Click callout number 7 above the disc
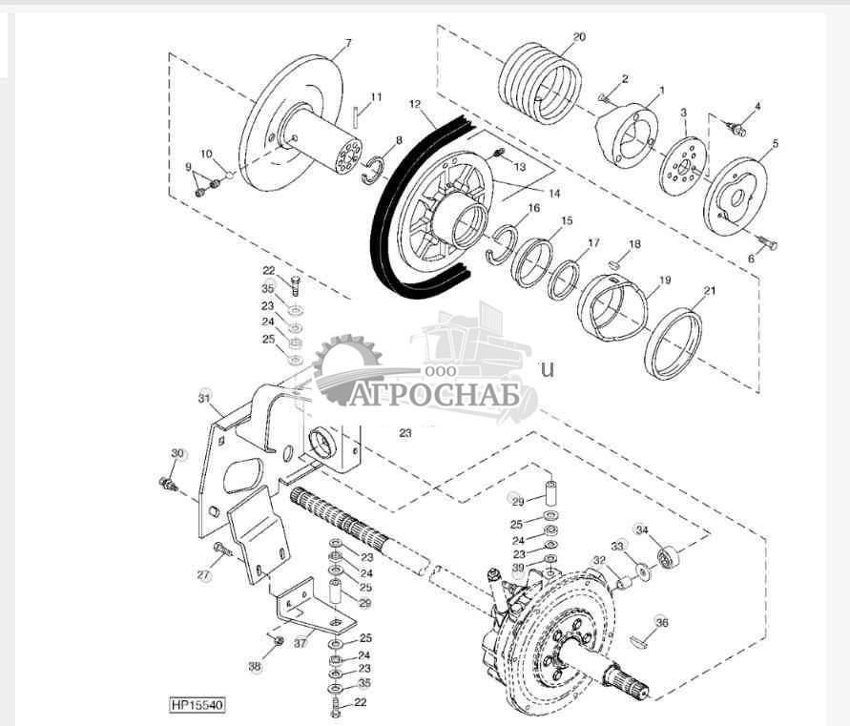pyautogui.click(x=348, y=43)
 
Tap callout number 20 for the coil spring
pyautogui.click(x=579, y=37)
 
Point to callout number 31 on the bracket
pyautogui.click(x=203, y=396)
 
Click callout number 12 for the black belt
pyautogui.click(x=415, y=102)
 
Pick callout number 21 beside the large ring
pyautogui.click(x=708, y=290)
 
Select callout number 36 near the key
pyautogui.click(x=662, y=622)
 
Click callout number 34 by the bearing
pyautogui.click(x=642, y=530)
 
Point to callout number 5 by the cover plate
pyautogui.click(x=776, y=144)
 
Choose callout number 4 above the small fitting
pyautogui.click(x=757, y=106)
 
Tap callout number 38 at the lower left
pyautogui.click(x=255, y=667)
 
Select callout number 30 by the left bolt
pyautogui.click(x=176, y=453)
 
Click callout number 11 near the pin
pyautogui.click(x=376, y=97)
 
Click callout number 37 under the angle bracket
pyautogui.click(x=301, y=643)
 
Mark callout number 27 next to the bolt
pyautogui.click(x=203, y=575)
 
